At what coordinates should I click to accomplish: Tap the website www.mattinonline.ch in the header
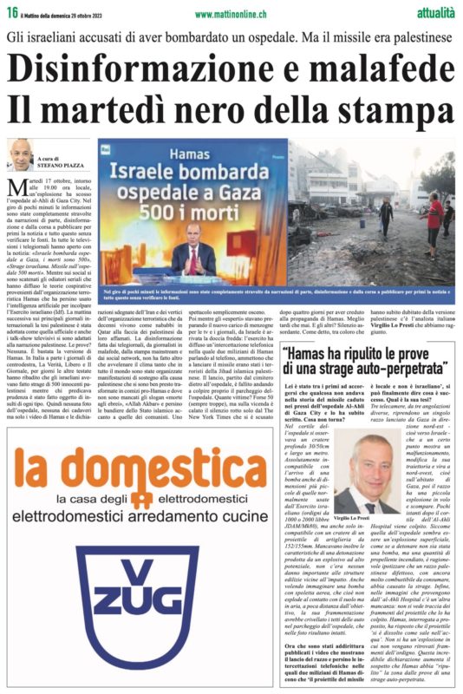(230, 14)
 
